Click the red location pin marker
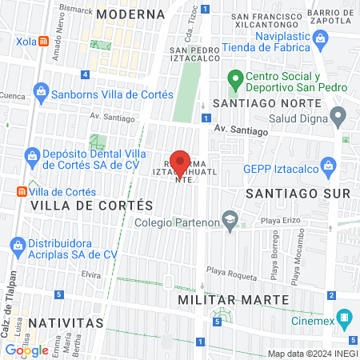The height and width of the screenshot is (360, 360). point(181,162)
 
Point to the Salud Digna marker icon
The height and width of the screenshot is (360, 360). point(338,118)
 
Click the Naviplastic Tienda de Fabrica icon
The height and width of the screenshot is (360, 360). point(320,38)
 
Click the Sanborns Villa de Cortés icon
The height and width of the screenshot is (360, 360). point(41,94)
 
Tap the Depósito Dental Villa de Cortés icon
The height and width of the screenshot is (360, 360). point(33,155)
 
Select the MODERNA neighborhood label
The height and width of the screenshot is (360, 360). point(130,14)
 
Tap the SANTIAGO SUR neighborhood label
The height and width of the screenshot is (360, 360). point(298,194)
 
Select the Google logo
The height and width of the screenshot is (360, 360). point(26,350)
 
